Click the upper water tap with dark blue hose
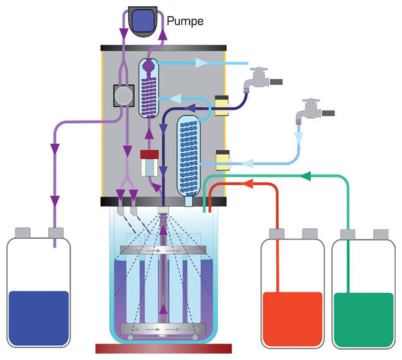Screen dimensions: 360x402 pos(260,79)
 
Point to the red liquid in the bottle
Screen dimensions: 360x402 pos(292,318)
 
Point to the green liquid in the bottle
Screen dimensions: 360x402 pos(363,319)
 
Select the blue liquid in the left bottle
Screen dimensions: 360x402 pos(39,319)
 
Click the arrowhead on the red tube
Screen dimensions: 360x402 pos(249,185)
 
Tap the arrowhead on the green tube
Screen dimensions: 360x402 pos(306,175)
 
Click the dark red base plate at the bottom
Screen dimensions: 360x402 pos(163,348)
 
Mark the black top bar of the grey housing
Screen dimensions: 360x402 pos(163,48)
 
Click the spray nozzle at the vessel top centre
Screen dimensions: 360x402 pos(163,210)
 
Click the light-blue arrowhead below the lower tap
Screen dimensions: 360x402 pos(298,136)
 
